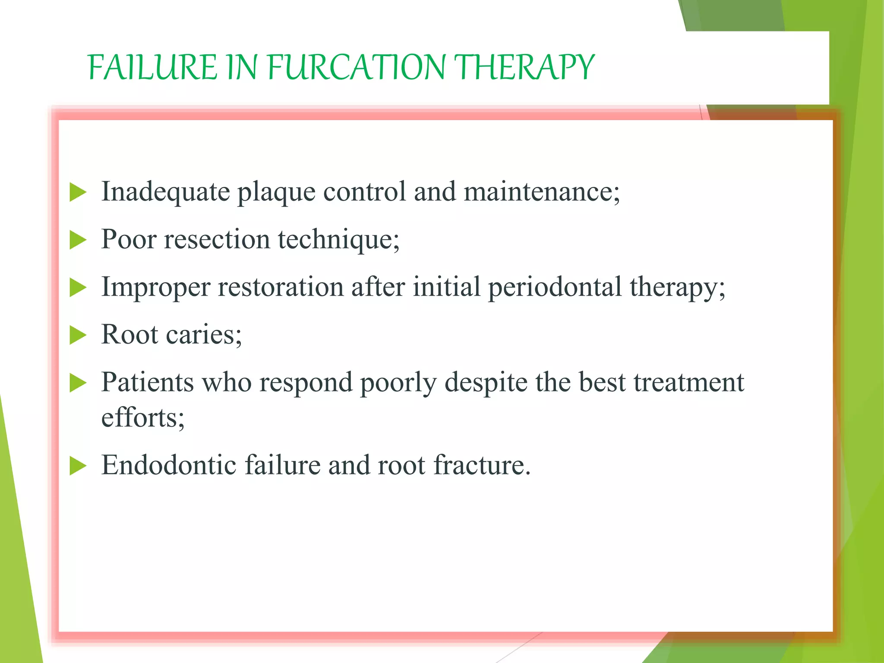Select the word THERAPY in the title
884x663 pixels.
pyautogui.click(x=525, y=68)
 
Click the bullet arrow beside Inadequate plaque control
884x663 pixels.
pyautogui.click(x=78, y=192)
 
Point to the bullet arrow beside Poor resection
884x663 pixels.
pyautogui.click(x=78, y=240)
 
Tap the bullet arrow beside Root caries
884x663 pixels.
pyautogui.click(x=78, y=335)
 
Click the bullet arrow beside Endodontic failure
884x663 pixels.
pyautogui.click(x=78, y=466)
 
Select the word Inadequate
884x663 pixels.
pyautogui.click(x=165, y=192)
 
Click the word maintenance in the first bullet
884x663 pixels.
pyautogui.click(x=541, y=192)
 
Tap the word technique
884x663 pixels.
pyautogui.click(x=338, y=240)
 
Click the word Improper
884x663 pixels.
pyautogui.click(x=155, y=288)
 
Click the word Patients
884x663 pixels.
pyautogui.click(x=147, y=382)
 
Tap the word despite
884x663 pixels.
pyautogui.click(x=486, y=383)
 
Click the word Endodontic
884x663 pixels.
pyautogui.click(x=169, y=465)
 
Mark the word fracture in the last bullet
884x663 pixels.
pyautogui.click(x=481, y=465)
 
